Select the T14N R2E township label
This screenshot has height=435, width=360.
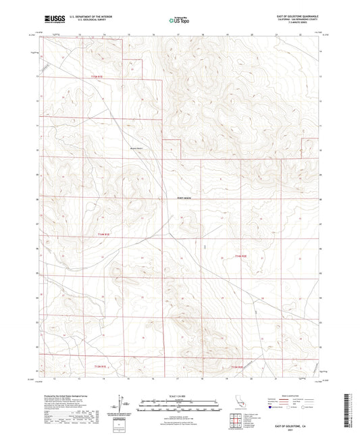pos(241,257)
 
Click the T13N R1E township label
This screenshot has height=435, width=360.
pos(100,366)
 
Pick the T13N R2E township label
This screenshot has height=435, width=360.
pos(234,366)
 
